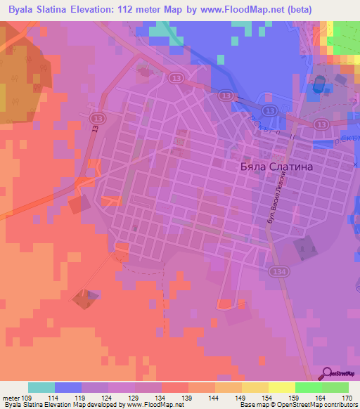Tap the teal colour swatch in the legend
pos(41,387)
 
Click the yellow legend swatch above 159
pos(282,387)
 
